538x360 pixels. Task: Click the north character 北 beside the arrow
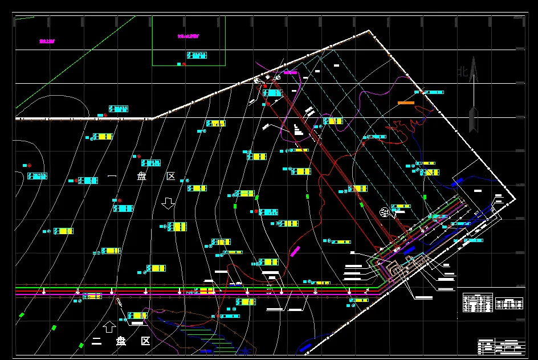pos(463,72)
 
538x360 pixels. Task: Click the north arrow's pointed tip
pos(472,59)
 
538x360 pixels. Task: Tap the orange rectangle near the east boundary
pos(405,103)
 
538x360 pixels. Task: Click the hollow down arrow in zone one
pos(168,203)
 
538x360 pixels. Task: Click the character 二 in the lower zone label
pos(96,342)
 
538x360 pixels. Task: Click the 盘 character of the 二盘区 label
pos(121,342)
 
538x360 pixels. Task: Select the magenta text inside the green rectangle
pos(188,36)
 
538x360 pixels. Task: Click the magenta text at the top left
pos(47,41)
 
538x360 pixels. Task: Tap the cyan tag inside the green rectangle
pos(197,55)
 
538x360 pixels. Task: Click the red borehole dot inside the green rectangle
pos(184,64)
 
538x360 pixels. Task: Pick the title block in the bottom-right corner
pos(501,346)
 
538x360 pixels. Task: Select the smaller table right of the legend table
pos(509,304)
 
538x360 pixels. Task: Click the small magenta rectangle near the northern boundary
pos(291,72)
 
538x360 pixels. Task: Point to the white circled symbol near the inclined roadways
pos(385,212)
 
